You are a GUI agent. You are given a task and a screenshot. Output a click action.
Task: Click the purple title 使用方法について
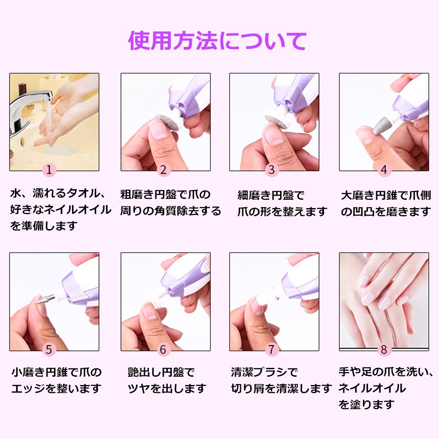tap(217, 41)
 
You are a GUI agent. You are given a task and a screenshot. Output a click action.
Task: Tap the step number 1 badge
tap(49, 169)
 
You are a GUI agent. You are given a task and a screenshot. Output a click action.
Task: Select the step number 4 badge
tap(384, 169)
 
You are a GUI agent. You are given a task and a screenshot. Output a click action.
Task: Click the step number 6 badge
tap(163, 349)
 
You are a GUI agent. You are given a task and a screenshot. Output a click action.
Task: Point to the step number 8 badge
tap(384, 349)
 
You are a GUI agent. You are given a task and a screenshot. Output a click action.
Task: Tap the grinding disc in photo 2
tap(169, 122)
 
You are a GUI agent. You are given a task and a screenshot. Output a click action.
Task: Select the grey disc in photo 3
tap(276, 122)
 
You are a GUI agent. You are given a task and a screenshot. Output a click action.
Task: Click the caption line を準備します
tap(43, 226)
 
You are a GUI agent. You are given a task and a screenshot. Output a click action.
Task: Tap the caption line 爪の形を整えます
tap(282, 212)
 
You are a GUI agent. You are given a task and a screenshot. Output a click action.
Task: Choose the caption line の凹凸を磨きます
tap(386, 212)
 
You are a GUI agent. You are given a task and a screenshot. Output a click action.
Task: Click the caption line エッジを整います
tap(56, 389)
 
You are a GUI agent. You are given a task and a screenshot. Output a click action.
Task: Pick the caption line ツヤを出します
tap(167, 389)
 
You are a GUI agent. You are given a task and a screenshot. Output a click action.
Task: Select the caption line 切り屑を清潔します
tap(281, 389)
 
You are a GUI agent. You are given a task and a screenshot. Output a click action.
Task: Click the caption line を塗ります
tap(367, 404)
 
